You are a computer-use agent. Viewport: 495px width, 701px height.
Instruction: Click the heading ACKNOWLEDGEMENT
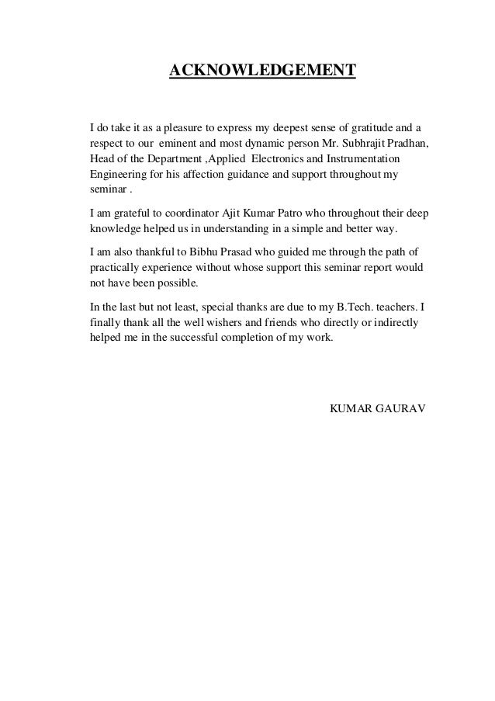(262, 72)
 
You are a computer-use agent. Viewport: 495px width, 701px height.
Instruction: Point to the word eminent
(182, 144)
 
